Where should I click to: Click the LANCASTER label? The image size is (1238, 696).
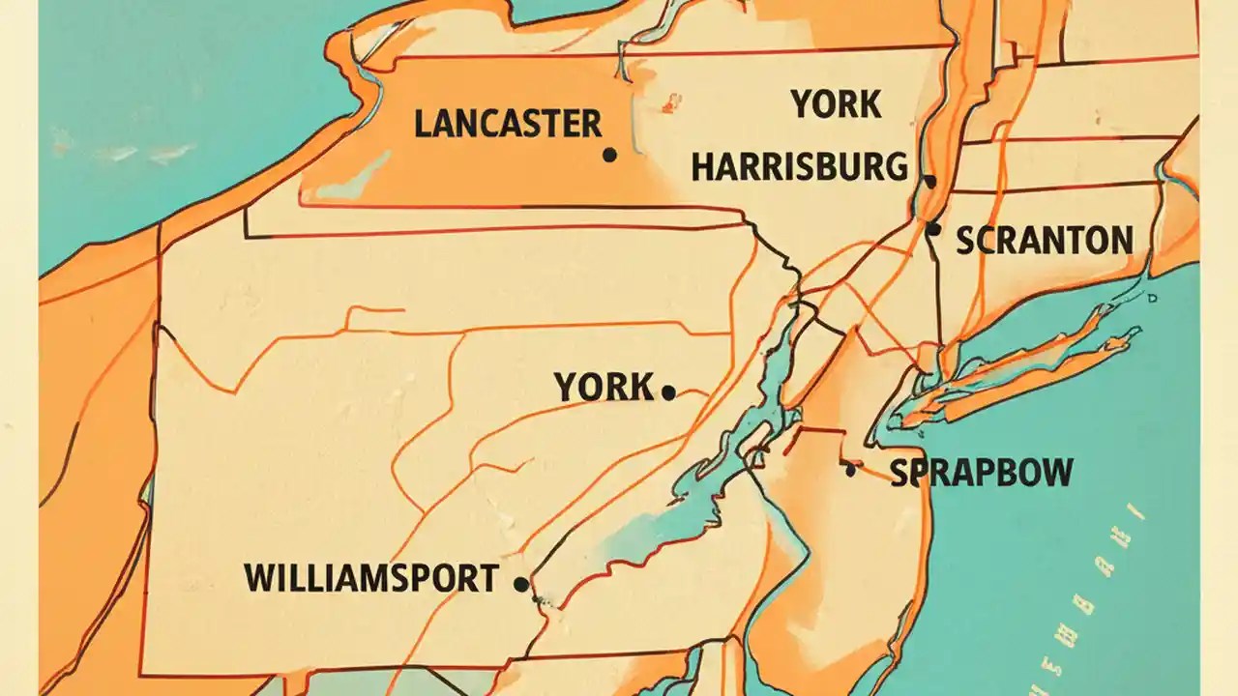point(507,124)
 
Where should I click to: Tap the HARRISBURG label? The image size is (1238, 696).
point(800,167)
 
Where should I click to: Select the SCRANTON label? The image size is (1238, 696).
point(1045,241)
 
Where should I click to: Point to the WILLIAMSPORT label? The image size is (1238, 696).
point(371,578)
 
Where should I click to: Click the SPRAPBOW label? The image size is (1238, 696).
point(981,473)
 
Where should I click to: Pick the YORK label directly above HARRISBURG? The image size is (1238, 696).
point(836,104)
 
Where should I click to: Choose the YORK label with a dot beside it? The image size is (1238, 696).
point(604,388)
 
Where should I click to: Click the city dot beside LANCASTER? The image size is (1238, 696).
point(609,155)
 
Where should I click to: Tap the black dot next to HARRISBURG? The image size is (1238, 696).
point(929,181)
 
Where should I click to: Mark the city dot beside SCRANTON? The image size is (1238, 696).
point(932,229)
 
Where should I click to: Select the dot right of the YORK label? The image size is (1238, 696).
point(667,392)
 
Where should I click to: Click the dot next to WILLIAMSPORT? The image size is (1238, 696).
point(520,584)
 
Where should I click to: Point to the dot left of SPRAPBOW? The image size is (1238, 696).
point(850,470)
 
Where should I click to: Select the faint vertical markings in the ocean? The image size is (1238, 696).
point(1112,580)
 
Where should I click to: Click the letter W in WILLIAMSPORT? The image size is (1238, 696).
point(256,578)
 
